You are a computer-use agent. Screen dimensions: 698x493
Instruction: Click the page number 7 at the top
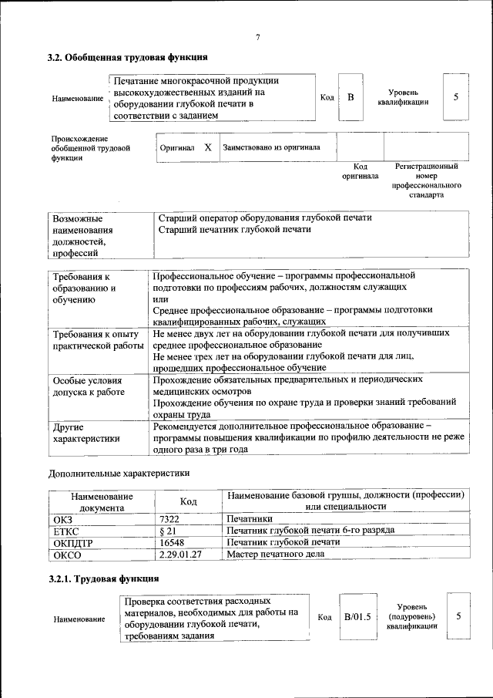[x=258, y=38]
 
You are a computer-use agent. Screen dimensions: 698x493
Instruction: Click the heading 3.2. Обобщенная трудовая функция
[x=127, y=57]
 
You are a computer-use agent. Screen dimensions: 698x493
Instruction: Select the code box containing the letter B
[x=350, y=97]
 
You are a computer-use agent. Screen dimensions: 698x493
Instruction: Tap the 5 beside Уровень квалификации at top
[x=456, y=97]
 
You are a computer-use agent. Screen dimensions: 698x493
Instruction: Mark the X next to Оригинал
[x=207, y=147]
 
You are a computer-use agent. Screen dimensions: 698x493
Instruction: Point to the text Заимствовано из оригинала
[x=270, y=147]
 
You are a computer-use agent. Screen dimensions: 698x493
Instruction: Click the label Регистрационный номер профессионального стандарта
[x=426, y=180]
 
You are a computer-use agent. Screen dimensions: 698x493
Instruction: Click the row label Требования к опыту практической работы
[x=96, y=340]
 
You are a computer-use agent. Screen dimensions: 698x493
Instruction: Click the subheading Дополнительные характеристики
[x=119, y=472]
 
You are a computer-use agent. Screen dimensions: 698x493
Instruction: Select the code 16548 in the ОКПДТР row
[x=173, y=543]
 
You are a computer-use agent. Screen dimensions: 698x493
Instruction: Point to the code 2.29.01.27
[x=180, y=554]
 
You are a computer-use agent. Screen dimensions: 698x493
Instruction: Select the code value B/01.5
[x=357, y=616]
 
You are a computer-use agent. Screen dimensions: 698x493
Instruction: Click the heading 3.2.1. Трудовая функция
[x=104, y=578]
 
